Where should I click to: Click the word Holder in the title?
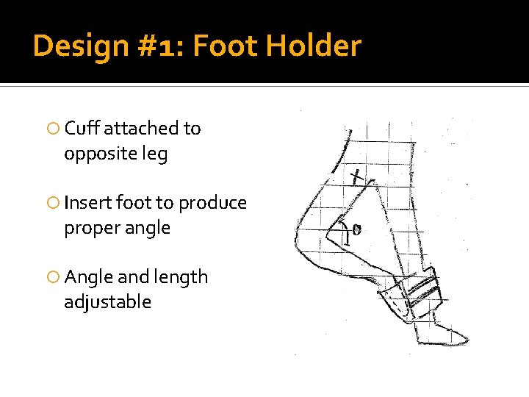coord(314,46)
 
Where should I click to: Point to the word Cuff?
coord(82,129)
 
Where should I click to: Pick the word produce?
coord(212,203)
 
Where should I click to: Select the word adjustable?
coord(107,302)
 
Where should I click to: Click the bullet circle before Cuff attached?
coord(53,129)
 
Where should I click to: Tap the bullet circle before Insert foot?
coord(53,204)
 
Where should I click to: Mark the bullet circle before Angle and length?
coord(53,278)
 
